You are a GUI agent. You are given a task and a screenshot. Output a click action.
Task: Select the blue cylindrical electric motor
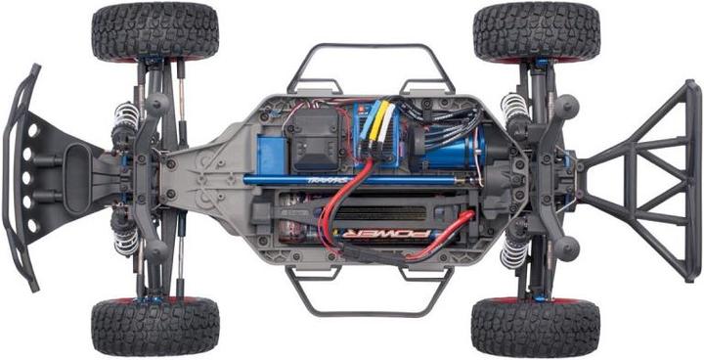pyautogui.click(x=455, y=147)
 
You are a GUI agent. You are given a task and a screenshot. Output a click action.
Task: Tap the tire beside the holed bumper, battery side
pyautogui.click(x=154, y=327)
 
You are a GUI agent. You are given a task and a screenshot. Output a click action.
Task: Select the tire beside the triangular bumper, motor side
pyautogui.click(x=536, y=31)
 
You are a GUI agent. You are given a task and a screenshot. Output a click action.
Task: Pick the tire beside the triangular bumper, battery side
pyautogui.click(x=535, y=327)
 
